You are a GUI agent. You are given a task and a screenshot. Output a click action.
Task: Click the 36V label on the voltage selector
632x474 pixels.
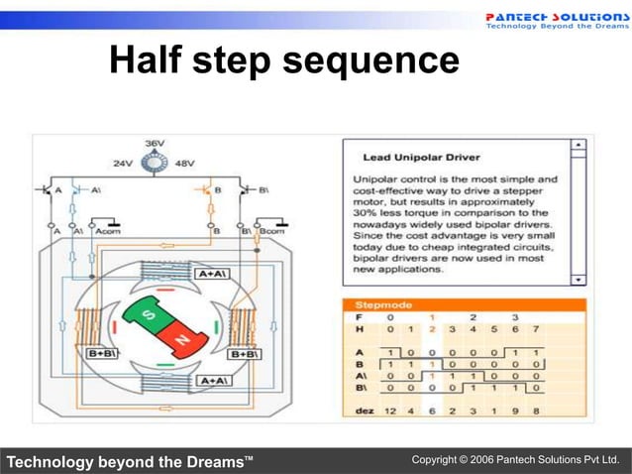pos(155,144)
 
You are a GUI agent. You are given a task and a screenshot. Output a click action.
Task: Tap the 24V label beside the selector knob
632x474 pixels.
pos(123,163)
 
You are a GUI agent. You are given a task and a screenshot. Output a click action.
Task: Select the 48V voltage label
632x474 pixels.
pos(185,163)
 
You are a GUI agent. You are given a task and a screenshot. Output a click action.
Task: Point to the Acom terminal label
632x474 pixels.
pos(107,229)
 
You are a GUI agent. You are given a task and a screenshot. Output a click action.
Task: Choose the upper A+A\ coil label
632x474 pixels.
pos(214,273)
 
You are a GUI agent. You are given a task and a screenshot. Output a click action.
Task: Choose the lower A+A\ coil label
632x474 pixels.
pos(214,381)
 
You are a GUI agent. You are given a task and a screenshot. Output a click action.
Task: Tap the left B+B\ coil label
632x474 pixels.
pos(103,353)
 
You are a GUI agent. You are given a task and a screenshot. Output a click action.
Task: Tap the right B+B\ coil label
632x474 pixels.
pos(245,353)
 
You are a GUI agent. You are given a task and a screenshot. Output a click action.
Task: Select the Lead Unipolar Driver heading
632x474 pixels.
pos(421,157)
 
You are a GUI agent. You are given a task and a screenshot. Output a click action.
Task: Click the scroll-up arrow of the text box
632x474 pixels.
pos(579,146)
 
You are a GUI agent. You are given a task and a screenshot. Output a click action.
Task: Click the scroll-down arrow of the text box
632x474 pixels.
pos(579,280)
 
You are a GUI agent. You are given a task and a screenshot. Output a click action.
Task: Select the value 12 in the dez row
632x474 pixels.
pos(390,410)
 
